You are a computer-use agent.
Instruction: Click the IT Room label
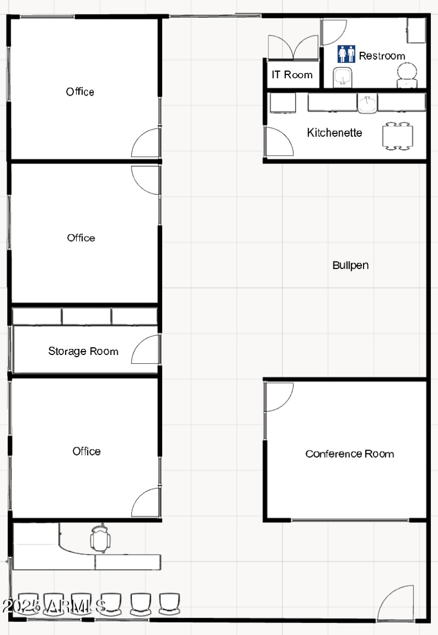pos(292,75)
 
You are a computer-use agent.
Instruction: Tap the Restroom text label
pos(382,56)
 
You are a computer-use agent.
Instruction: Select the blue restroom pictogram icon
pos(346,54)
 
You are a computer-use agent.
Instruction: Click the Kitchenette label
pos(334,132)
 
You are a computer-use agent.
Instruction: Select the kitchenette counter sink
pos(368,103)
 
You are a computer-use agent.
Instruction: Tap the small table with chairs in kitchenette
pos(398,136)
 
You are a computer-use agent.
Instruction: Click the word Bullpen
pos(350,265)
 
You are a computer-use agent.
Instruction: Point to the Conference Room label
pos(349,454)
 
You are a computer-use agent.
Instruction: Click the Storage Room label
pos(83,351)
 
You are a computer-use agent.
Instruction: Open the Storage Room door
pos(146,349)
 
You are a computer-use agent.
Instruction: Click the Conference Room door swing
pos(278,397)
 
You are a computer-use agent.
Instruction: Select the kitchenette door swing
pos(278,142)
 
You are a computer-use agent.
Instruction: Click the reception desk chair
pos(100,539)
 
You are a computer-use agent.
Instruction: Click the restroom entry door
pos(333,32)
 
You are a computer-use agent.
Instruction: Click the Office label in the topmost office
pos(80,92)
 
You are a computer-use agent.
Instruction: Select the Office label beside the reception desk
pos(87,451)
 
